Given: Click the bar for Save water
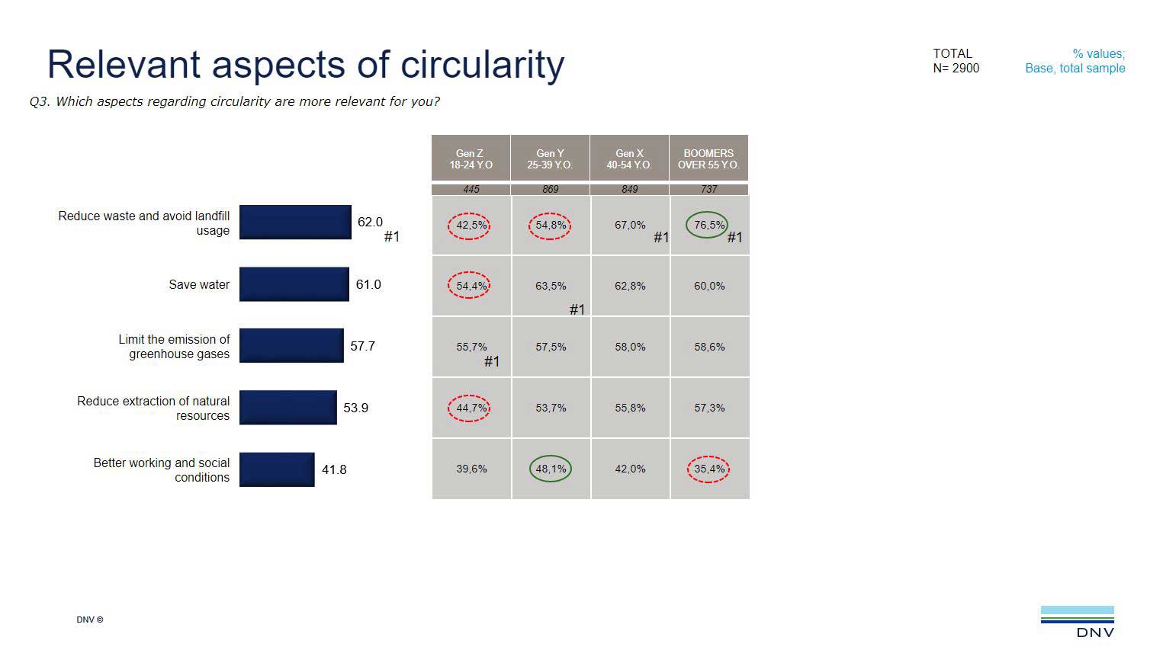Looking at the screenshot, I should [294, 284].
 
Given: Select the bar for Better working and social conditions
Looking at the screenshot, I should [276, 469].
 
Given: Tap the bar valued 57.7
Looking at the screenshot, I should [291, 346].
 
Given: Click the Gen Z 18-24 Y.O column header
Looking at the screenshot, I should [471, 158].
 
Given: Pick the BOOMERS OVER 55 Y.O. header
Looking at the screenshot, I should [708, 158].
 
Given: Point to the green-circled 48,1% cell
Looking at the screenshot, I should [550, 469].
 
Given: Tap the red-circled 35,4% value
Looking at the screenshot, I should [708, 469].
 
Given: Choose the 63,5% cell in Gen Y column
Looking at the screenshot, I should [551, 286].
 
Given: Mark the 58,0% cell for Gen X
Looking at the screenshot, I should [630, 347].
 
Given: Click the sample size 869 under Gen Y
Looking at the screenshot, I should [550, 189].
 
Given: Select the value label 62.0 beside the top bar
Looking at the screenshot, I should [370, 222].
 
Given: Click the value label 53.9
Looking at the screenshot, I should [355, 408].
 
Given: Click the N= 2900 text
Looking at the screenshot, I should [956, 68].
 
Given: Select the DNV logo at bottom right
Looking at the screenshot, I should [1077, 621].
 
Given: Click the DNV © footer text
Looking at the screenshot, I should [89, 620].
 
